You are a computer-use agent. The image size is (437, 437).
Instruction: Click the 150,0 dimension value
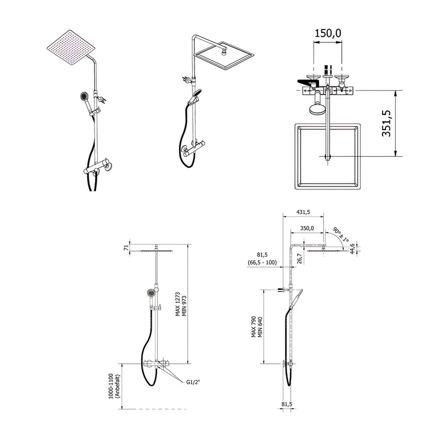(x=328, y=33)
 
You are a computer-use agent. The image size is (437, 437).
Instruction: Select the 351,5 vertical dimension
(x=386, y=123)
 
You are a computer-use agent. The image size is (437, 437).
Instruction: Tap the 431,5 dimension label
(x=303, y=212)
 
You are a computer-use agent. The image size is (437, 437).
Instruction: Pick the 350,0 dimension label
(x=307, y=228)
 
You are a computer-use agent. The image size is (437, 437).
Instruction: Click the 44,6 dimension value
(x=352, y=249)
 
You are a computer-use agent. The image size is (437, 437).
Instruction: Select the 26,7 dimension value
(x=300, y=259)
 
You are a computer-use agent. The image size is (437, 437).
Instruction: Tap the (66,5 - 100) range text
(x=262, y=262)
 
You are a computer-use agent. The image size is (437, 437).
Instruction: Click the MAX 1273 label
(x=178, y=304)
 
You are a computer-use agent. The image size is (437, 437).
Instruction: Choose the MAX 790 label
(x=253, y=327)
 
